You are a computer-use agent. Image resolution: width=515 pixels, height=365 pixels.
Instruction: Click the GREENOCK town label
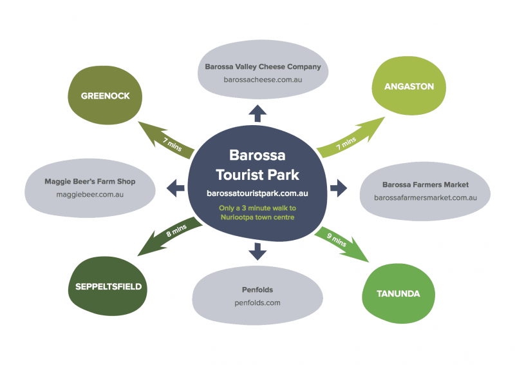[105, 96]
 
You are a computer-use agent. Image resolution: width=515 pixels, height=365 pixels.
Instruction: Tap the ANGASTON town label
[409, 86]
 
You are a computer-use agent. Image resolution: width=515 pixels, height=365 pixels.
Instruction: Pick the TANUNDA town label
[399, 293]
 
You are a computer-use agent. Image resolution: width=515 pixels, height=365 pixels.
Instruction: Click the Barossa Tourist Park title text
[257, 166]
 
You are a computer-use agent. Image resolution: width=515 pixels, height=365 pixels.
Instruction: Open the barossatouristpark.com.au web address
[257, 193]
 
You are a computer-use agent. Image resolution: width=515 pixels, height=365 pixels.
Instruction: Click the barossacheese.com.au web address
[263, 80]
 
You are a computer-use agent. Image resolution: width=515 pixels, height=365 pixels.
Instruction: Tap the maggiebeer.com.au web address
[89, 193]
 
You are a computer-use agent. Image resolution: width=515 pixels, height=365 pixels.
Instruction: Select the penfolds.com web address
[257, 302]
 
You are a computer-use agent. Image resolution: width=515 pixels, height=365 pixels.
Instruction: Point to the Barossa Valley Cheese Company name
[263, 66]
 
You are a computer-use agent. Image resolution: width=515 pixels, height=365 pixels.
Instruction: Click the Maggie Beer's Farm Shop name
[89, 181]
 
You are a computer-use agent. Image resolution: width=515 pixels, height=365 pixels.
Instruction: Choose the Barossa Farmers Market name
[425, 184]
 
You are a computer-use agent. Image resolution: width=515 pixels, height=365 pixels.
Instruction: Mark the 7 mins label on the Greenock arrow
[173, 144]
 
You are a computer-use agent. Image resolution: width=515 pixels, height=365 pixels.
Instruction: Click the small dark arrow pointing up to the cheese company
[257, 114]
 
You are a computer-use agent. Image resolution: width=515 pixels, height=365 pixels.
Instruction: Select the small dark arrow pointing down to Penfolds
[257, 250]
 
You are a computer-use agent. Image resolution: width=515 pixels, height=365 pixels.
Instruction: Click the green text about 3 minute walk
[257, 212]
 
